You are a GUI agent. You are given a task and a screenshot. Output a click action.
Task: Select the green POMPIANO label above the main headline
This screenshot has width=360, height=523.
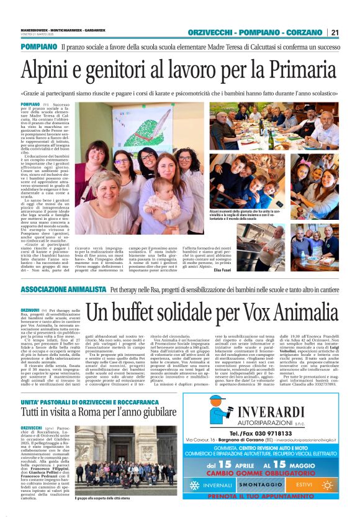(x=39, y=47)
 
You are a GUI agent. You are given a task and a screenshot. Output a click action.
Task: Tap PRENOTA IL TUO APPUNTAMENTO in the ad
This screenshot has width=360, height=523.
(x=271, y=496)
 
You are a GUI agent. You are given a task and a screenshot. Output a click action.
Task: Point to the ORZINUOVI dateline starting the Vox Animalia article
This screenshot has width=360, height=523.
(x=30, y=309)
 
